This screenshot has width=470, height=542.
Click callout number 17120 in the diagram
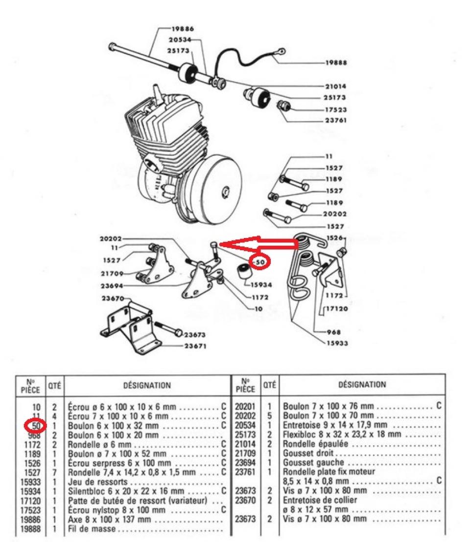338,309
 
